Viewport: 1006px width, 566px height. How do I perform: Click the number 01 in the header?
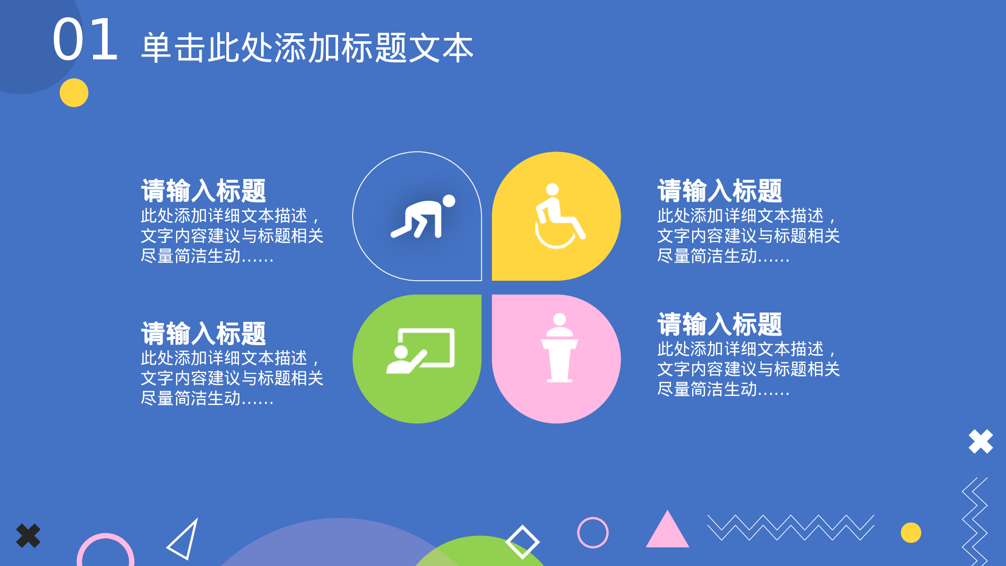click(x=86, y=40)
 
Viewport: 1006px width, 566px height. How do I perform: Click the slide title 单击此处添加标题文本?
click(x=307, y=48)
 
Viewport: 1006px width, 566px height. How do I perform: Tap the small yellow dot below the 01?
click(x=74, y=93)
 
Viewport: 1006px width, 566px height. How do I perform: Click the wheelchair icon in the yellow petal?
click(x=558, y=216)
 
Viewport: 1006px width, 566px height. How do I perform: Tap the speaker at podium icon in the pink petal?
click(x=559, y=348)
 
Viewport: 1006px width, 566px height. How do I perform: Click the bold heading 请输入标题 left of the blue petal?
click(x=203, y=191)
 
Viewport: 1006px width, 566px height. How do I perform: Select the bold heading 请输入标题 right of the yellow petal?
click(x=720, y=191)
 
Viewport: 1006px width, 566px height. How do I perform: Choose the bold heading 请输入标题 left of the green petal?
click(x=203, y=333)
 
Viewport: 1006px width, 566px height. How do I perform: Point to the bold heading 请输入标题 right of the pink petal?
click(x=720, y=324)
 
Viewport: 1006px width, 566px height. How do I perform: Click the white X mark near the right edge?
click(x=980, y=442)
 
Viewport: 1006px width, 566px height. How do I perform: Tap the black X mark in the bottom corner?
click(x=28, y=536)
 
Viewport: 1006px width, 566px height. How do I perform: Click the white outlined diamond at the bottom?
click(x=522, y=542)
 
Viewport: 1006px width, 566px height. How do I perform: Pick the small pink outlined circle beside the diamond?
click(x=593, y=532)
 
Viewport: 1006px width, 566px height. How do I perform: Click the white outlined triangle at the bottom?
click(x=184, y=540)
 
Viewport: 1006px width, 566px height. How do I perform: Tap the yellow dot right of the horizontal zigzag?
click(x=910, y=533)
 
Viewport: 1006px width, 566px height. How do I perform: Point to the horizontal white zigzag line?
click(x=790, y=527)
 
